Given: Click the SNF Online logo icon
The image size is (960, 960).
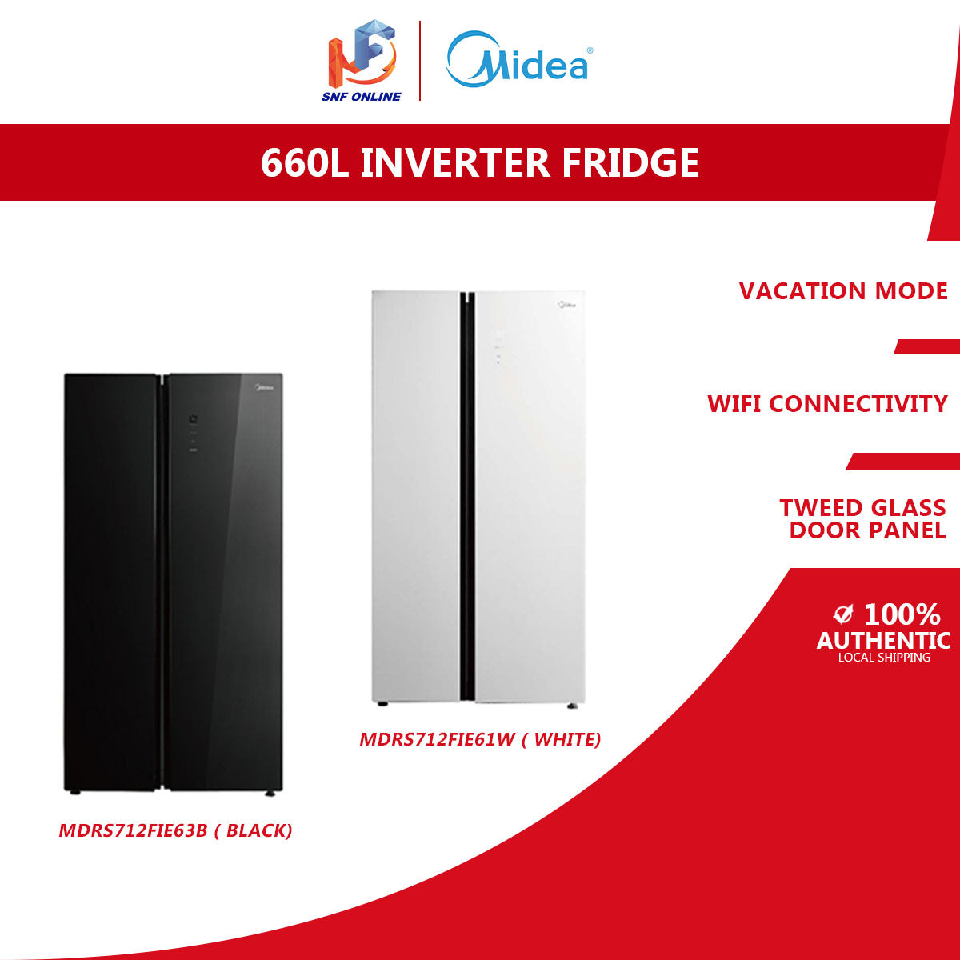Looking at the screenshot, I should [362, 54].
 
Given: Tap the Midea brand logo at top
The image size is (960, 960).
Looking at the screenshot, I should [518, 61].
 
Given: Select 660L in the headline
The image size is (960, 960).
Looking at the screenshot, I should [304, 162].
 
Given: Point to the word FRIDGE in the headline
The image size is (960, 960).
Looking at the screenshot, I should [630, 162].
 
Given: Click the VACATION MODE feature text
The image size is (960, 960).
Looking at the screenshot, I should [843, 290].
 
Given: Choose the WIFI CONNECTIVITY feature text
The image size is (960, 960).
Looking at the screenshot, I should [827, 404].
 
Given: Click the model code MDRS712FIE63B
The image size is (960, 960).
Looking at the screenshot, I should [133, 830].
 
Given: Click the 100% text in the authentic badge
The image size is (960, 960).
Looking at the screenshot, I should [902, 614].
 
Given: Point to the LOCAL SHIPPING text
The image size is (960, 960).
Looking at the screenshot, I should [884, 658].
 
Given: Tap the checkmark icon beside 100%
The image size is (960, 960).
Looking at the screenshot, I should [842, 614].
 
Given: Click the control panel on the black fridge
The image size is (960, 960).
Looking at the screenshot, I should [193, 433].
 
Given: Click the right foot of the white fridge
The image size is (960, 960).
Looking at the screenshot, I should [570, 706].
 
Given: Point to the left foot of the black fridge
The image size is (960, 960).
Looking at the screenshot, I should [74, 792].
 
